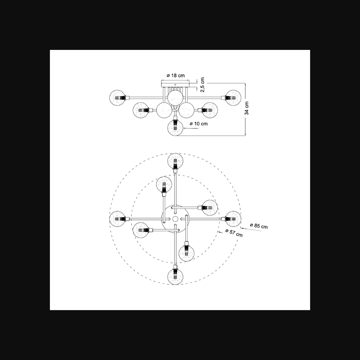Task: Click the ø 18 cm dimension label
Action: [176, 75]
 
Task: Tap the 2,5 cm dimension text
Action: [202, 85]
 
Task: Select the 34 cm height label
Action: [247, 108]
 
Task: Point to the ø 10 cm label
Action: [199, 124]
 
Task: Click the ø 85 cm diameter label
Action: [259, 226]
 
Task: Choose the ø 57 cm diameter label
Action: [234, 233]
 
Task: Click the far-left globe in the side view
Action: [118, 98]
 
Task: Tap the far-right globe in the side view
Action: [233, 98]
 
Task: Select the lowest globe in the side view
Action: [175, 128]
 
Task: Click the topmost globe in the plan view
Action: [175, 161]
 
